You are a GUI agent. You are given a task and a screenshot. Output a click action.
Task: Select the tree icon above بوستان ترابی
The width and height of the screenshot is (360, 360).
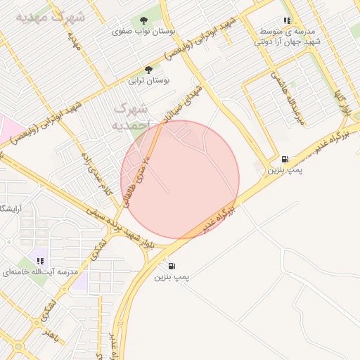pyautogui.click(x=148, y=70)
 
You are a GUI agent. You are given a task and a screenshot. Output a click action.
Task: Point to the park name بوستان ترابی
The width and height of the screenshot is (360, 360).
pyautogui.click(x=148, y=81)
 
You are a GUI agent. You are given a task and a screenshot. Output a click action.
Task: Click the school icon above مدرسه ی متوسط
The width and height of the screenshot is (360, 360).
pyautogui.click(x=286, y=21)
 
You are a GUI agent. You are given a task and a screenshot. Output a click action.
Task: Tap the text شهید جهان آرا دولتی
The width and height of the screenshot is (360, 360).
pyautogui.click(x=286, y=41)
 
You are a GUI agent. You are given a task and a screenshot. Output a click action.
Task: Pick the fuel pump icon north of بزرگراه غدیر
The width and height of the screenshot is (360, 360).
pyautogui.click(x=284, y=159)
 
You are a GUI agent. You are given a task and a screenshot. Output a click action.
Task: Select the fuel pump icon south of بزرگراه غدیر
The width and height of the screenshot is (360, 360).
pyautogui.click(x=172, y=266)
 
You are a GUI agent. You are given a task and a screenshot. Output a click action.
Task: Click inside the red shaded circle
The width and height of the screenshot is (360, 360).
pyautogui.click(x=180, y=179)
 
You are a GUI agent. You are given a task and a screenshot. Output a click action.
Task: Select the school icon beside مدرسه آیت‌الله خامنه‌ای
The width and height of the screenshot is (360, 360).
pyautogui.click(x=40, y=261)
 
